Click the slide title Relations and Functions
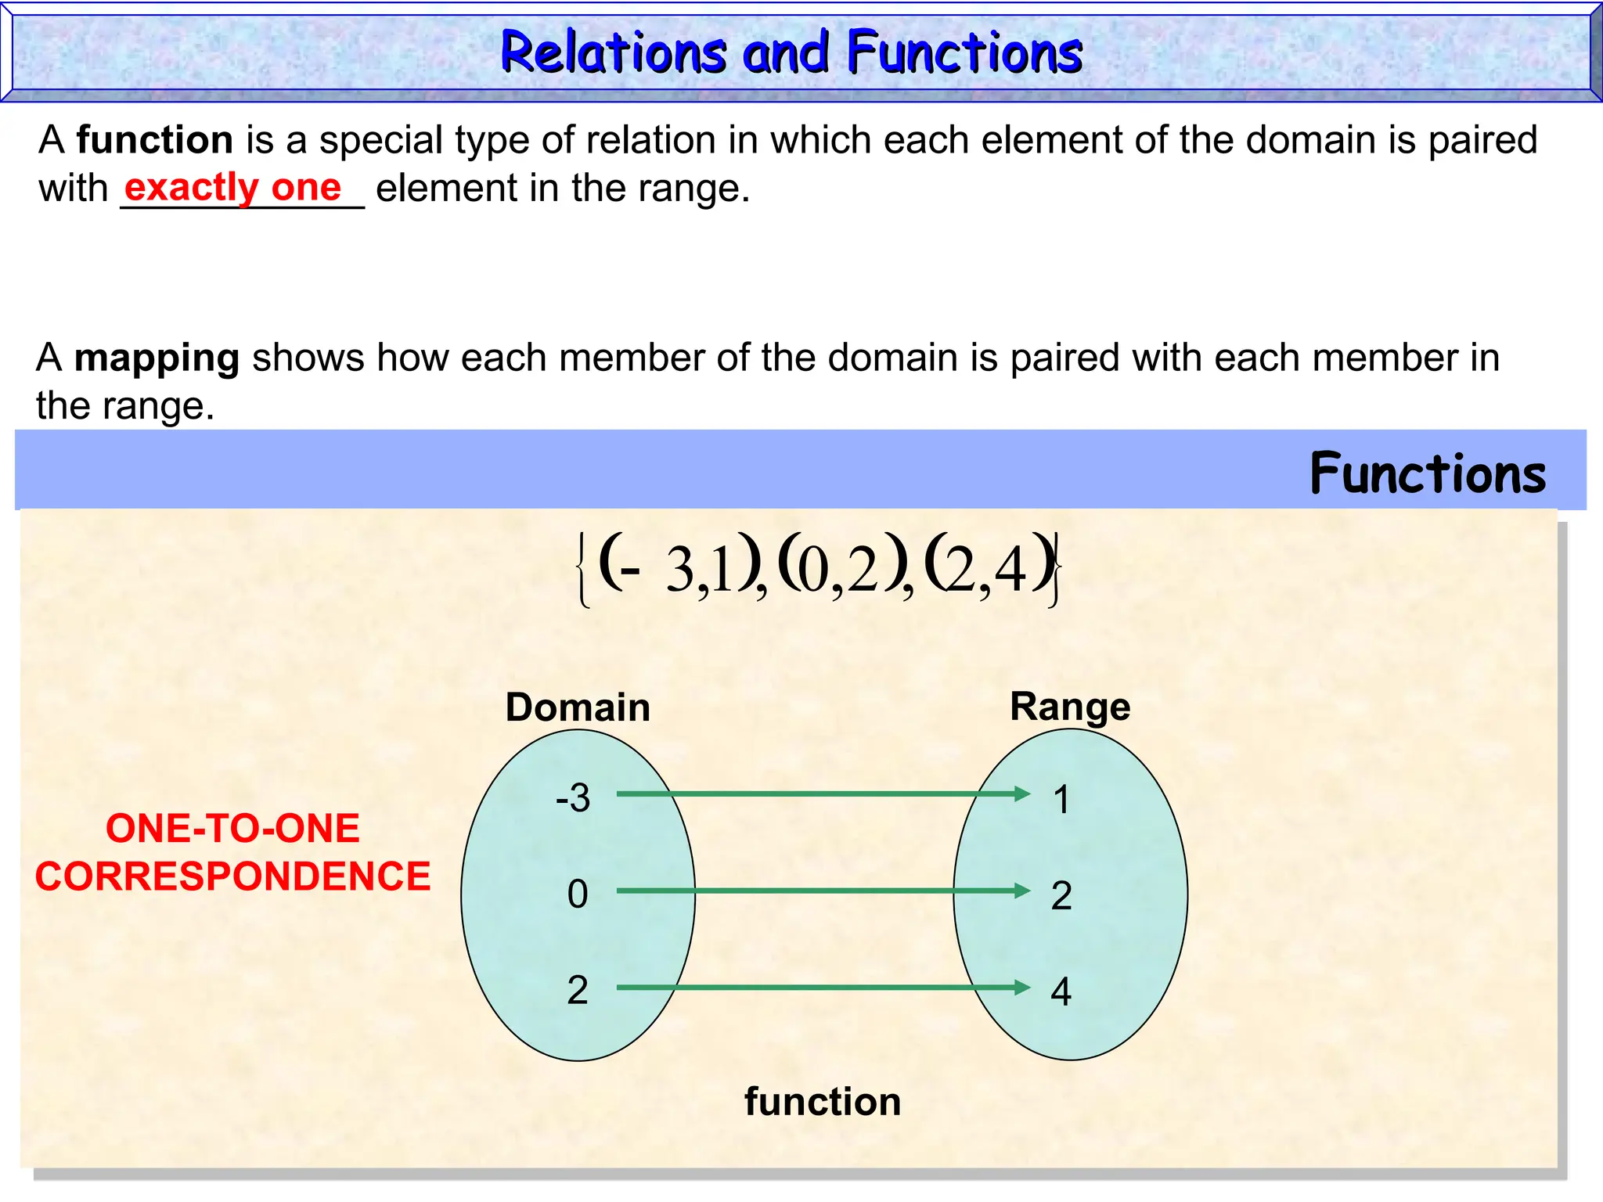tap(791, 52)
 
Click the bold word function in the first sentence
tap(155, 140)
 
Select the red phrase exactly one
tap(233, 188)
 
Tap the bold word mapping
tap(157, 358)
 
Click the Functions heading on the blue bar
tap(1428, 474)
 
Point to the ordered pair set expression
tap(819, 569)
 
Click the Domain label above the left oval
tap(578, 707)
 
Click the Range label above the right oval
tap(1070, 707)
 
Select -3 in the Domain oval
tap(573, 798)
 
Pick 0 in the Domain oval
tap(578, 894)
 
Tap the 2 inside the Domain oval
tap(578, 990)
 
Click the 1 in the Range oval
tap(1061, 800)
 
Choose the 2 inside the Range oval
tap(1061, 895)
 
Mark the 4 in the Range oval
tap(1061, 991)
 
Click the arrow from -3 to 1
tap(822, 794)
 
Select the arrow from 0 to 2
tap(822, 891)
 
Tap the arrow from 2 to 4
tap(822, 988)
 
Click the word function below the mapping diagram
tap(823, 1102)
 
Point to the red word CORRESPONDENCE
tap(233, 876)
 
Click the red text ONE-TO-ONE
tap(233, 828)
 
